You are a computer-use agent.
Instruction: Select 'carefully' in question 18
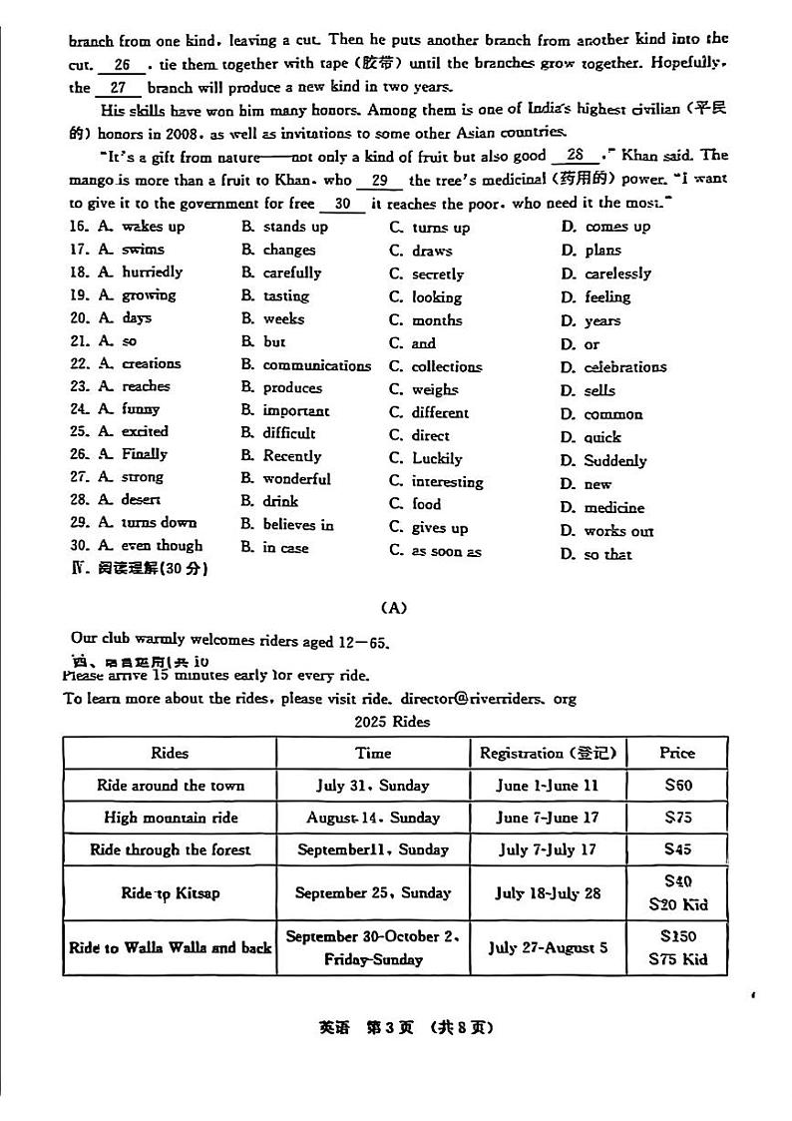[291, 273]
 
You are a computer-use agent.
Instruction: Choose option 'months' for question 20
[437, 320]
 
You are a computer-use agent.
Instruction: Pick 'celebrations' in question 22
[626, 367]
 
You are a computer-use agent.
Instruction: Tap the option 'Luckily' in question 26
[437, 459]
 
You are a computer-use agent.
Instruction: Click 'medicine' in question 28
[613, 508]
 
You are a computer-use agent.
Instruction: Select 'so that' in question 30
[607, 554]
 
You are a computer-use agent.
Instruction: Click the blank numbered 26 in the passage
[123, 65]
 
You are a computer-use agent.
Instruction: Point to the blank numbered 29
[379, 181]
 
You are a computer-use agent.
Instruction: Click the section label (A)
[395, 607]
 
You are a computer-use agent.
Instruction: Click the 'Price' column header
[677, 753]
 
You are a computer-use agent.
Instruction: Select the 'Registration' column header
[548, 753]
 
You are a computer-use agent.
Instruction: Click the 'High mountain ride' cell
[171, 818]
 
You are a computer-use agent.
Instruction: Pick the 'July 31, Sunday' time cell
[373, 786]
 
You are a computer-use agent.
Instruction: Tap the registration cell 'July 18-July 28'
[548, 893]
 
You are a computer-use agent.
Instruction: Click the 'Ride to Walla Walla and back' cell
[171, 947]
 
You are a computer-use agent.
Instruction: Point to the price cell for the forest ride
[677, 850]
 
